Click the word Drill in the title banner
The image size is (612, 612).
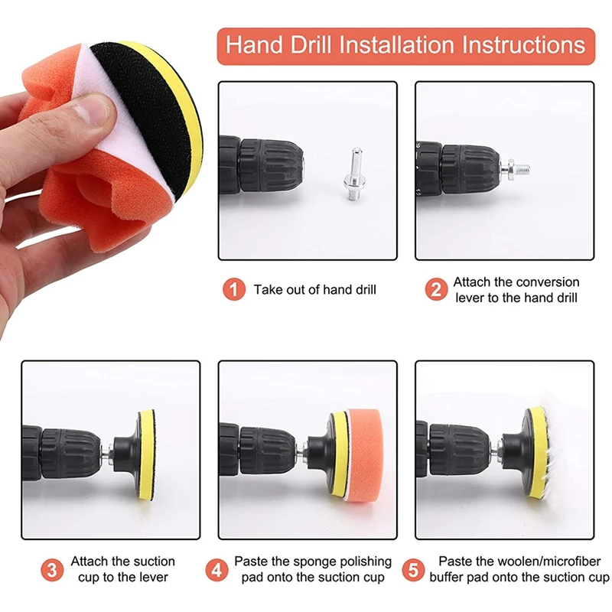click(x=311, y=45)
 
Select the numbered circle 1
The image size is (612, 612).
click(x=234, y=289)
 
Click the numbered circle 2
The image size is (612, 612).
click(x=436, y=289)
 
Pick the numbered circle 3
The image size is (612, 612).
click(x=52, y=569)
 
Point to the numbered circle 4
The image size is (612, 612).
click(x=216, y=569)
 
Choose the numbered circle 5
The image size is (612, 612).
click(x=413, y=569)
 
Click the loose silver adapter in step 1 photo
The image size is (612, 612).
click(x=355, y=174)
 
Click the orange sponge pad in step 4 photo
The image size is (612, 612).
click(x=366, y=455)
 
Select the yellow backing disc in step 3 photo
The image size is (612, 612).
click(x=146, y=454)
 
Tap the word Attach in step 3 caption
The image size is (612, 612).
click(x=90, y=562)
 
